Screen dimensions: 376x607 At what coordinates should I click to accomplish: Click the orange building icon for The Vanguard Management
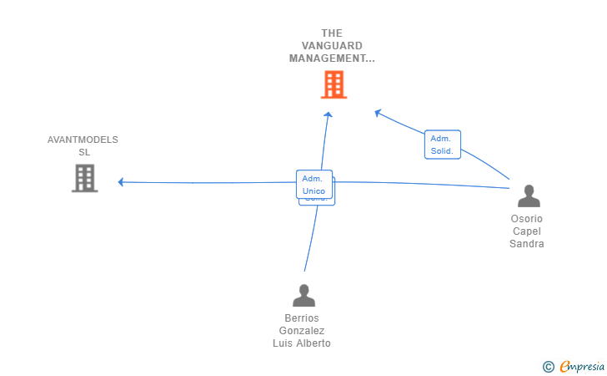click(x=334, y=84)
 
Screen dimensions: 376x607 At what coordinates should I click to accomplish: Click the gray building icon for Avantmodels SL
click(x=84, y=178)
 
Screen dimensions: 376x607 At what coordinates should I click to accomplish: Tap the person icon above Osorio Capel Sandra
click(x=529, y=196)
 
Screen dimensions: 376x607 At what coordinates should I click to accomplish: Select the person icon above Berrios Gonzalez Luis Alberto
click(x=304, y=296)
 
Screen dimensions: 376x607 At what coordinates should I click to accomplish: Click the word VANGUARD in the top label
click(x=332, y=46)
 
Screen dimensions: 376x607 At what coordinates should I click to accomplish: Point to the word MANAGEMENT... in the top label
click(x=332, y=58)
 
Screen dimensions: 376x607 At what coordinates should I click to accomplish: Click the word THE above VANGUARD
click(x=332, y=33)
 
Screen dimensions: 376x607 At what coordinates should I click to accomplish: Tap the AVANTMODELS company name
click(x=83, y=140)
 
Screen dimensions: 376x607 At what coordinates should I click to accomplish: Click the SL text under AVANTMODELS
click(x=84, y=152)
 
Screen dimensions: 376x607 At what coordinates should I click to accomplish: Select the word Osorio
click(x=527, y=219)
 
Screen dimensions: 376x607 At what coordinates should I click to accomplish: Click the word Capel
click(x=527, y=231)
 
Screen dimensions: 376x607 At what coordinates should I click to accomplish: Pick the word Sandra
click(x=527, y=244)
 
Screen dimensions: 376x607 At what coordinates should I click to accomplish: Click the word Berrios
click(x=302, y=318)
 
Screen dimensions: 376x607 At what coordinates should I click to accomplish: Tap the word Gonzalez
click(x=302, y=331)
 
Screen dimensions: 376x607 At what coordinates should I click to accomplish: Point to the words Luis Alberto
click(x=302, y=343)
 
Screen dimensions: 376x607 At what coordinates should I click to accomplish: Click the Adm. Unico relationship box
click(x=314, y=185)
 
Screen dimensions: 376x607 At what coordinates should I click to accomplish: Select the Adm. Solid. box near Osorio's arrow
click(x=442, y=145)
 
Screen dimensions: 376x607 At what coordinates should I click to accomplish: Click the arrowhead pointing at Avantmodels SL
click(x=122, y=182)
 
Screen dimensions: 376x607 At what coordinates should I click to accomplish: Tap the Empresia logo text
click(x=583, y=366)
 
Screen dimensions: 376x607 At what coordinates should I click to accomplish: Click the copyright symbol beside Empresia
click(x=548, y=366)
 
